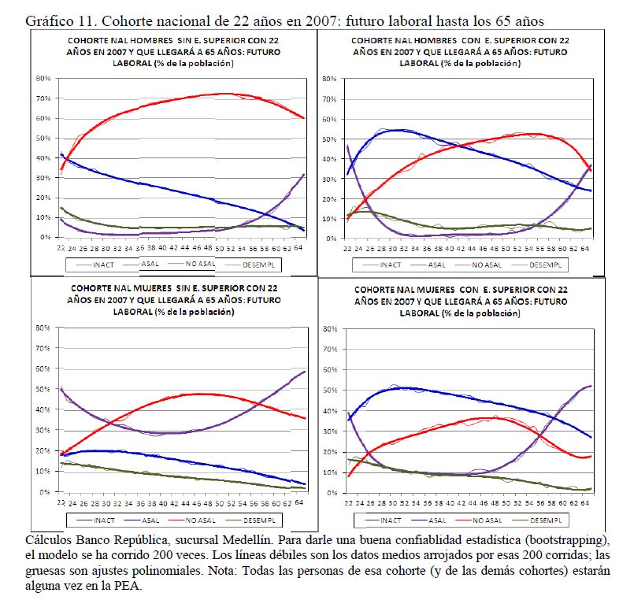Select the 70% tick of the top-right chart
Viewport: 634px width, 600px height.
328,99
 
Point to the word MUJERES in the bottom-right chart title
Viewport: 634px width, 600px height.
425,291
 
